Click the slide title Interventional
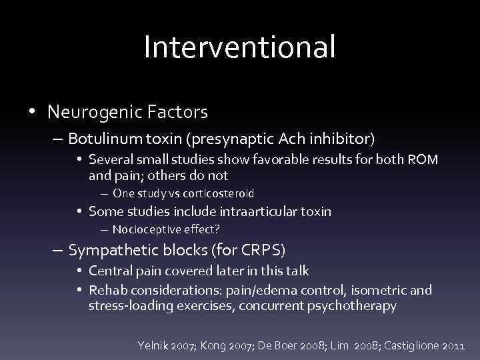[239, 47]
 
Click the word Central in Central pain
[111, 271]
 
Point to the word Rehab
[105, 290]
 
